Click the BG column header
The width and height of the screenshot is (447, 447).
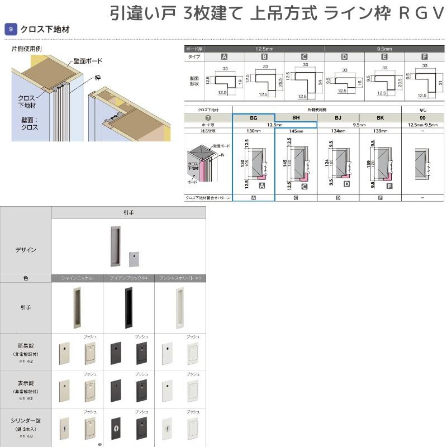pyautogui.click(x=253, y=118)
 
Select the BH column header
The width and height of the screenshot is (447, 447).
pyautogui.click(x=296, y=118)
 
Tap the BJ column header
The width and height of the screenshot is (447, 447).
pyautogui.click(x=338, y=118)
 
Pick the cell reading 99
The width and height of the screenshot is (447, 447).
pyautogui.click(x=423, y=118)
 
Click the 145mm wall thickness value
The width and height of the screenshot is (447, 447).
pyautogui.click(x=296, y=131)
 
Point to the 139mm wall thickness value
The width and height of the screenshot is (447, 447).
pyautogui.click(x=381, y=131)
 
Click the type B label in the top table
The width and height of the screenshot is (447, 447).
pyautogui.click(x=264, y=57)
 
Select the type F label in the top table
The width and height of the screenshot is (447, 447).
pyautogui.click(x=425, y=57)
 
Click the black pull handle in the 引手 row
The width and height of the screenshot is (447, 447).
pyautogui.click(x=129, y=307)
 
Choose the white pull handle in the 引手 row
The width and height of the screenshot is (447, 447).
pyautogui.click(x=180, y=307)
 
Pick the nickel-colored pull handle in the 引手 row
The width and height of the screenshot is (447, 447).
pyautogui.click(x=77, y=307)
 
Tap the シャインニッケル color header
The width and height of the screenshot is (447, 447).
pyautogui.click(x=77, y=278)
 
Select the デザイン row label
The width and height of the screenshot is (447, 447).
pyautogui.click(x=26, y=250)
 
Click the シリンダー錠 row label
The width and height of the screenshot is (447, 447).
pyautogui.click(x=26, y=420)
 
